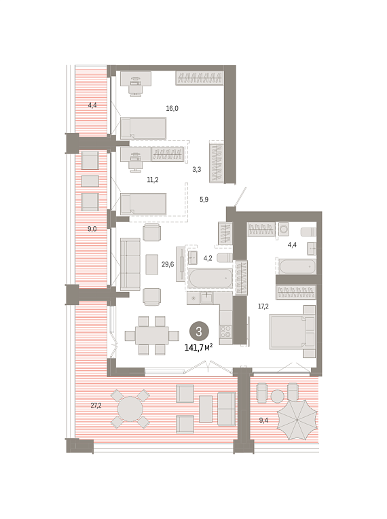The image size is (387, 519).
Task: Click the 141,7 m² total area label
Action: coord(198,347)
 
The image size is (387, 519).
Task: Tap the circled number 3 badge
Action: coord(199,332)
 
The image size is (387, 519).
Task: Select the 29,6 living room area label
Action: coord(168,264)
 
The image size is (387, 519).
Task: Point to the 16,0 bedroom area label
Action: coord(172,108)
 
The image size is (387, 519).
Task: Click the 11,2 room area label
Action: coord(153,180)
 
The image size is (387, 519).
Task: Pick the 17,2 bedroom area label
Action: coord(263,306)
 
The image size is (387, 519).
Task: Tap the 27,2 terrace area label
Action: coord(96,406)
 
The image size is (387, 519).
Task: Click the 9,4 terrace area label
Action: coord(263,420)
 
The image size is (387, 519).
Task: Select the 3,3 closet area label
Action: coord(197,169)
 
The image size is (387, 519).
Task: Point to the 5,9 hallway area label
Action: coord(204,200)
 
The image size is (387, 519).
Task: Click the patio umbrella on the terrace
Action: coord(297,420)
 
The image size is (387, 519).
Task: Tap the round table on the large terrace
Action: coord(130,409)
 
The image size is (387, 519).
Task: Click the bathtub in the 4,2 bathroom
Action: coord(210,278)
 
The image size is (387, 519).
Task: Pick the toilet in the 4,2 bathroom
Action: coord(225,257)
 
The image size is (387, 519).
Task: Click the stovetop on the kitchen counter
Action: coord(226,331)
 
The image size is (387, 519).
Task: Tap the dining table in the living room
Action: coord(152,336)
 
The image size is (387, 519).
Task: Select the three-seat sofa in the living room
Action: coord(130,264)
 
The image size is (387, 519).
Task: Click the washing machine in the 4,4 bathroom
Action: coord(284,229)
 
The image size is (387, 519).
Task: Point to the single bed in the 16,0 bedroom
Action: coord(143,128)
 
